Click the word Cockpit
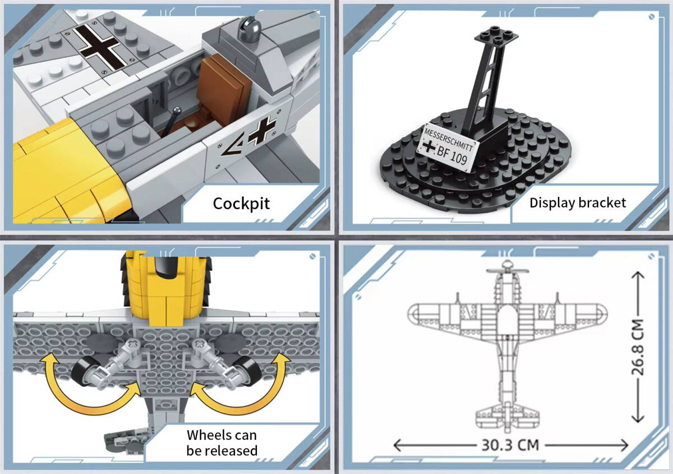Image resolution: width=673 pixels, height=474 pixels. [x=241, y=204]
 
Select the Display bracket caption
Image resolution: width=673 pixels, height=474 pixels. [x=578, y=203]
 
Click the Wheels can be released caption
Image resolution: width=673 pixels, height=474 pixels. [x=222, y=443]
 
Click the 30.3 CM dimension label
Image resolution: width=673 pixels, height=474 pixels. [x=510, y=445]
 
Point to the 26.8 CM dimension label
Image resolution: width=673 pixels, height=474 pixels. [x=637, y=347]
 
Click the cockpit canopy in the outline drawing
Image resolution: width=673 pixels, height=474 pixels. [x=507, y=319]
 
